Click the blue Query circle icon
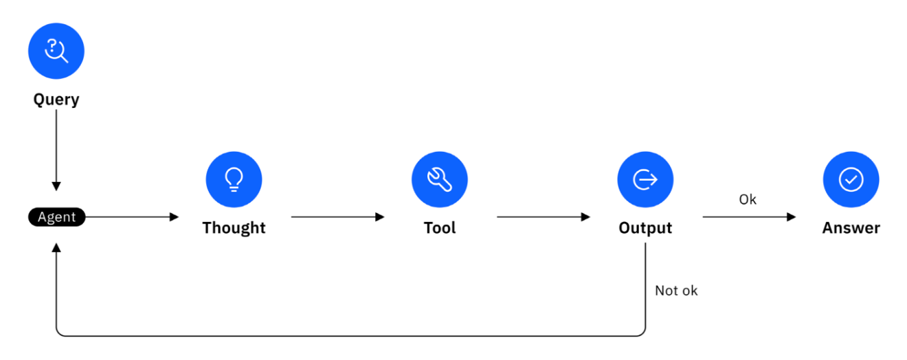click(x=56, y=51)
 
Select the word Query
click(x=56, y=100)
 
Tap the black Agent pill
click(x=56, y=217)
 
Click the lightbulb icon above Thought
click(x=234, y=179)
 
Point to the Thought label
click(x=234, y=228)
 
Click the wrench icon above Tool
click(x=440, y=179)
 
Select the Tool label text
click(x=440, y=228)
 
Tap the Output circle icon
click(x=645, y=179)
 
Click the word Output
click(x=645, y=228)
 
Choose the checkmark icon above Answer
click(x=851, y=179)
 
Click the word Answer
click(x=851, y=228)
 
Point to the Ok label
click(x=748, y=200)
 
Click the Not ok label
click(x=676, y=291)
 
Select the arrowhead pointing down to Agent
click(x=56, y=186)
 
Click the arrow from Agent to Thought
click(x=132, y=217)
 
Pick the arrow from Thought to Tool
click(x=337, y=217)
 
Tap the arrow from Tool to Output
click(x=544, y=217)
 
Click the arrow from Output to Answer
click(x=749, y=217)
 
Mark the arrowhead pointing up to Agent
click(x=56, y=247)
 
